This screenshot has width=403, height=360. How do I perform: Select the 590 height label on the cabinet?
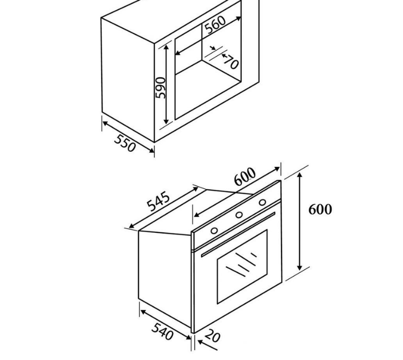[x=161, y=88]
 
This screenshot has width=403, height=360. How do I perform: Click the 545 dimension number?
[x=158, y=201]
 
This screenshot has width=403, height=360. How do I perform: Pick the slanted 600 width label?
[x=245, y=176]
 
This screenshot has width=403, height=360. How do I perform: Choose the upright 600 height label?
[x=320, y=209]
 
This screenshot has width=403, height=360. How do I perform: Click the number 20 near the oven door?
[x=213, y=336]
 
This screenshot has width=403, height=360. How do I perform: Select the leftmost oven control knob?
[x=215, y=231]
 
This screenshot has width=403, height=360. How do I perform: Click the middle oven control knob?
[x=239, y=215]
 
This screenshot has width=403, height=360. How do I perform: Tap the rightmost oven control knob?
[x=262, y=202]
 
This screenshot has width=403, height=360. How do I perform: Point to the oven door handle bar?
[x=238, y=234]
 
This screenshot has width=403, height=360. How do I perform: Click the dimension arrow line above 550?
[x=128, y=135]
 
